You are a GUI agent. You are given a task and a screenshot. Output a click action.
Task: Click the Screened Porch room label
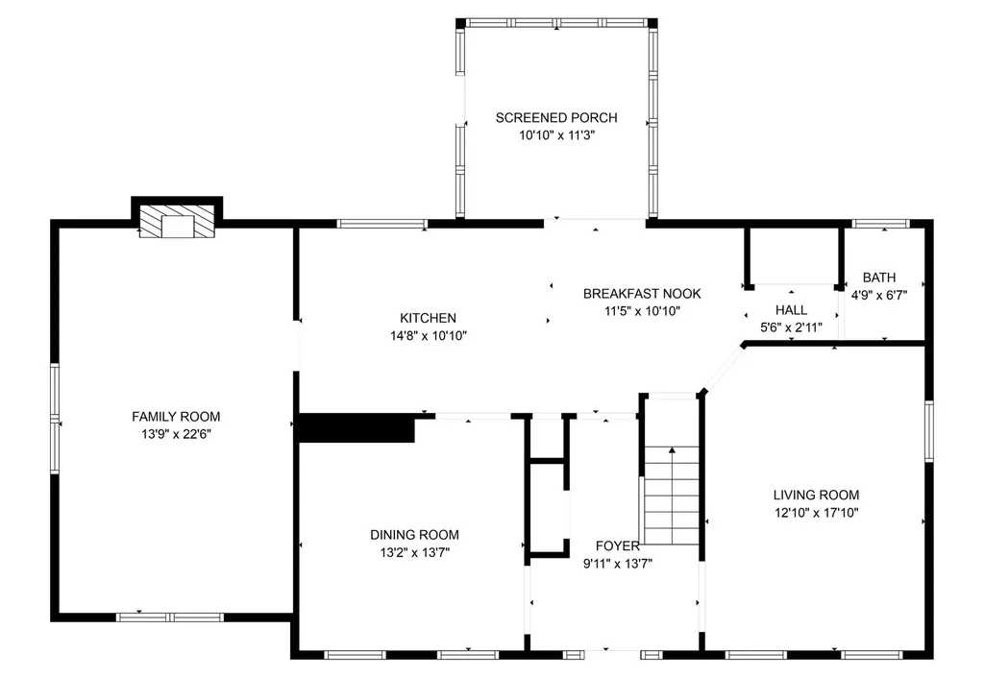[556, 117]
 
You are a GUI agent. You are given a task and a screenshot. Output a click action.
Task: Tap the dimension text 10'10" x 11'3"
[556, 134]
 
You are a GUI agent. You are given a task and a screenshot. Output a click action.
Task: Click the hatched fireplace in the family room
[177, 222]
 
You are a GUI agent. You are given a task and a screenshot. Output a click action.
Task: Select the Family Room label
[176, 417]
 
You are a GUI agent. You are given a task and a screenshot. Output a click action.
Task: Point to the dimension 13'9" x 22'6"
[176, 434]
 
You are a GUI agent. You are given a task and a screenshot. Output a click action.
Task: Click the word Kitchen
[428, 318]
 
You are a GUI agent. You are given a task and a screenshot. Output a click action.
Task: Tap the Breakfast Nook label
[642, 294]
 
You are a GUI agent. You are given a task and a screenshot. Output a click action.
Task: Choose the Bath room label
[879, 278]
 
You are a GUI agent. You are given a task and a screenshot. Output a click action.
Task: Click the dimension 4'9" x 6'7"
[879, 295]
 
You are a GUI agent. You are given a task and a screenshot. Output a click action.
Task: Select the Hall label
[792, 310]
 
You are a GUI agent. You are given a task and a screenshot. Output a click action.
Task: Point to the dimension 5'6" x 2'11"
[792, 327]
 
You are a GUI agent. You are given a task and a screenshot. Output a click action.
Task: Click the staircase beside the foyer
[672, 496]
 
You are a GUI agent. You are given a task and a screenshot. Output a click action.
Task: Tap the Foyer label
[618, 546]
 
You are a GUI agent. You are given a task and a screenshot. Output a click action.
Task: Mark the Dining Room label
[414, 535]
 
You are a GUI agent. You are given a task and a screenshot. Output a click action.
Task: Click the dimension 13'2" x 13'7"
[414, 552]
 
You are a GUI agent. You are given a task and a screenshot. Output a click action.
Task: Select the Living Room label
[816, 495]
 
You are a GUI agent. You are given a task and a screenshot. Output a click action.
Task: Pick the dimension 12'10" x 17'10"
[816, 513]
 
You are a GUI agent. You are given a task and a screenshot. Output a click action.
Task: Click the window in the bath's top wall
[880, 224]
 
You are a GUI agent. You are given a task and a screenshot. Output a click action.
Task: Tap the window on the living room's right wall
[929, 431]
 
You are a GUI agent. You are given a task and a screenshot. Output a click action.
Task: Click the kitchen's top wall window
[382, 224]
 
